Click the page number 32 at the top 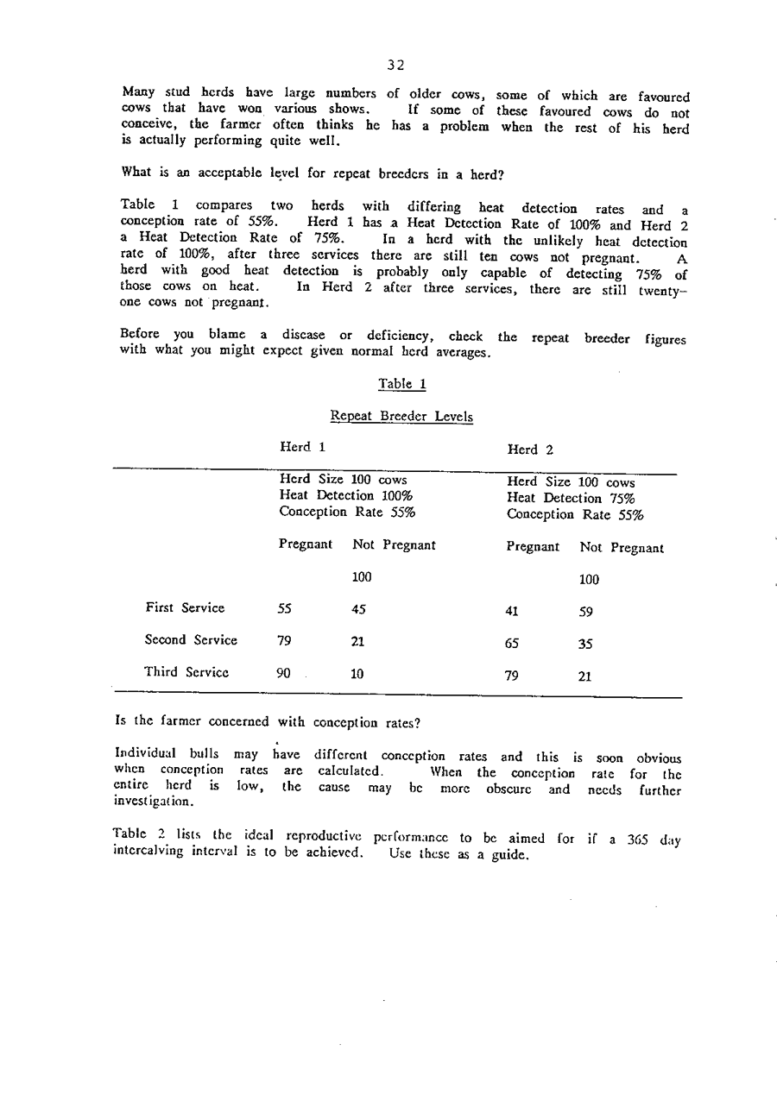[x=396, y=65]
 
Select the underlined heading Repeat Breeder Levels [x=401, y=417]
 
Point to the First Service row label [x=185, y=608]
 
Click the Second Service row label [x=191, y=640]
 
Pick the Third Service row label [x=186, y=672]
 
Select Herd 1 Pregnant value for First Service [x=285, y=609]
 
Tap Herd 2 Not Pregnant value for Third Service [x=585, y=677]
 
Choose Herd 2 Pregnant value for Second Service [x=512, y=644]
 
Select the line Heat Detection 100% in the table [x=345, y=496]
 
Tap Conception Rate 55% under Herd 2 [x=575, y=515]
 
